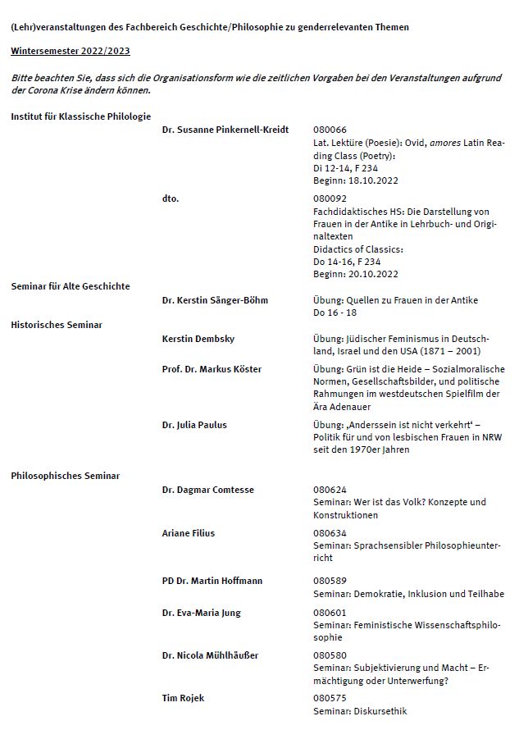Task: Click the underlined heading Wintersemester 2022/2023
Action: point(70,51)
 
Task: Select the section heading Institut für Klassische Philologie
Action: point(80,116)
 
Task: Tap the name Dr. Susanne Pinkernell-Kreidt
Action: point(225,130)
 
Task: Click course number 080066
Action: point(330,130)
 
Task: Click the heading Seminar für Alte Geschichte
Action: point(71,286)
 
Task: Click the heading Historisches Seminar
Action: point(57,325)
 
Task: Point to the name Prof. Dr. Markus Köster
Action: point(212,369)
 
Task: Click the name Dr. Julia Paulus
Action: point(194,425)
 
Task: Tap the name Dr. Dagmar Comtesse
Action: point(208,490)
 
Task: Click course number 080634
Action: point(330,533)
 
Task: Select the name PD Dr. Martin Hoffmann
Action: point(212,581)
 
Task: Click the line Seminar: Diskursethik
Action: point(360,711)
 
